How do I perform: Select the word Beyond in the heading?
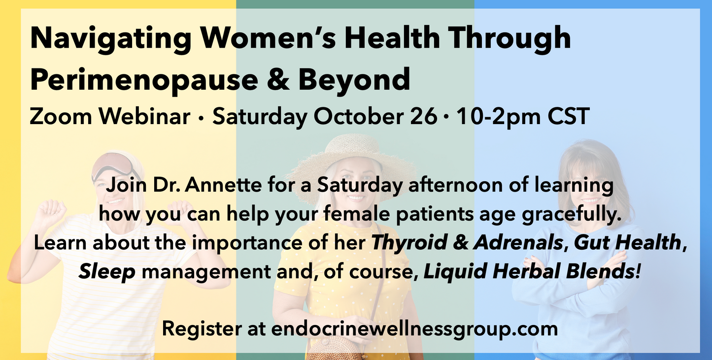354,79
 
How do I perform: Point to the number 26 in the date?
423,117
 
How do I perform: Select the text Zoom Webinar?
110,117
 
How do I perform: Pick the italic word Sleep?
107,271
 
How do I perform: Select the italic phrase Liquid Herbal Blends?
531,271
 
